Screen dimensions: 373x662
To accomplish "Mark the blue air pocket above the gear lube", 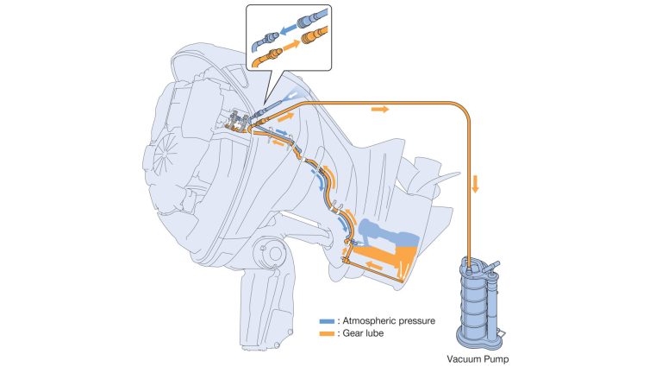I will point(388,231).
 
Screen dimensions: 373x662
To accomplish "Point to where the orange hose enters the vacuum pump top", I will point(468,259).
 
